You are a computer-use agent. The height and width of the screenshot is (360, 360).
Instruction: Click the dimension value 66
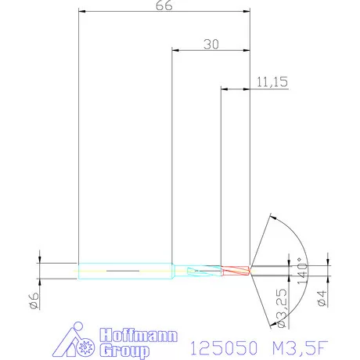pyautogui.click(x=164, y=5)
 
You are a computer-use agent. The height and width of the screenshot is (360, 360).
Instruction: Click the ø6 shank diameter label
pyautogui.click(x=34, y=300)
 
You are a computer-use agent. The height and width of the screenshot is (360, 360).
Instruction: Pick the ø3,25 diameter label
pyautogui.click(x=278, y=308)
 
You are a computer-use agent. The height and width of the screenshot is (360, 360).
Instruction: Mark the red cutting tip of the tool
pyautogui.click(x=237, y=270)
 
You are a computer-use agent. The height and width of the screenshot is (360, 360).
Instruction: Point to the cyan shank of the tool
pyautogui.click(x=125, y=271)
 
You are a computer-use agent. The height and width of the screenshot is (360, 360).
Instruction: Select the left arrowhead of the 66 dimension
pyautogui.click(x=83, y=11)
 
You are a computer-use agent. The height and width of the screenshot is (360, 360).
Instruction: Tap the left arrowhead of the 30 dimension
pyautogui.click(x=175, y=50)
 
